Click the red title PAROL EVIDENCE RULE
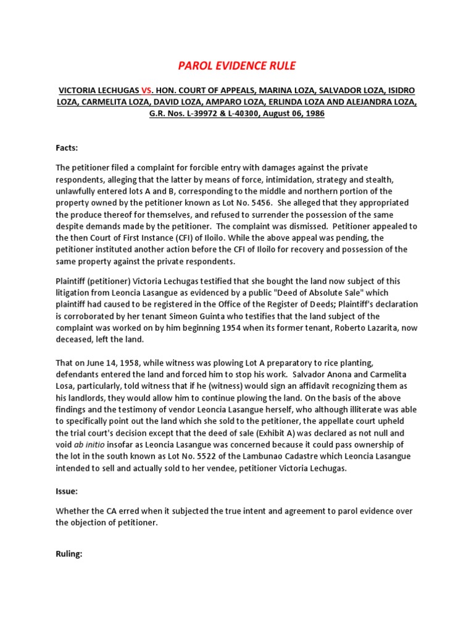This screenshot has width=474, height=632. point(236,66)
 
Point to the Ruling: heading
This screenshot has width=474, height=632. point(69,554)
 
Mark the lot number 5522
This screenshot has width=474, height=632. point(185,457)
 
